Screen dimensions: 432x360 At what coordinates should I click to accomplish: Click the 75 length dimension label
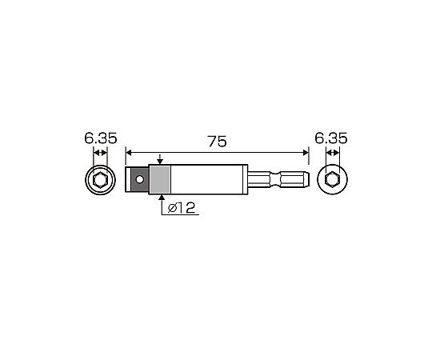coord(217,142)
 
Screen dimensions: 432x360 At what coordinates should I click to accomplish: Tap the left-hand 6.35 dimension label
coord(101,138)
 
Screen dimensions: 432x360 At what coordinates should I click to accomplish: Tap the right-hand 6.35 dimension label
coord(331,138)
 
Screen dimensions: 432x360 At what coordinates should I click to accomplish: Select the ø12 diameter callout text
coord(182,208)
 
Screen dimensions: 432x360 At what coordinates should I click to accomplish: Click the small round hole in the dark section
coord(140,179)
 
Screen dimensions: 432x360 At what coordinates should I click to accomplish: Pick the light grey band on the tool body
coord(160,179)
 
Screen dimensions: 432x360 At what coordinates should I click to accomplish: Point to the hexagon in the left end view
coord(100,180)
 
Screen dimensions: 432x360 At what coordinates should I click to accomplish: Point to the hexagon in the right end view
coord(332,179)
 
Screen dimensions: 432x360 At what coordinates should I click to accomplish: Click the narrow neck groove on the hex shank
coord(275,179)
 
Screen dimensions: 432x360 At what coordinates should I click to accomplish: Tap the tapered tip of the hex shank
coord(307,179)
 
